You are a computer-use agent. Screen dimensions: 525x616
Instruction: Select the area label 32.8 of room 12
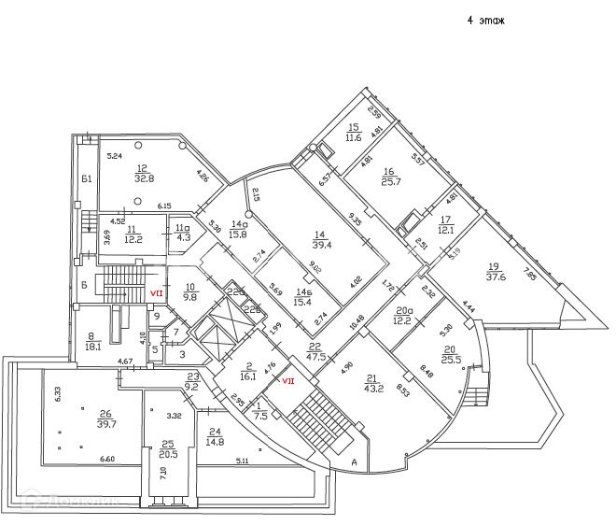click(144, 177)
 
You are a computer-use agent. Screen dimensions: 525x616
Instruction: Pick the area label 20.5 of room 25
click(168, 454)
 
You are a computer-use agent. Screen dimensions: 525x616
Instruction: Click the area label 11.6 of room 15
click(354, 137)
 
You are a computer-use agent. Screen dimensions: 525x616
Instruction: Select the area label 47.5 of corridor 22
click(315, 356)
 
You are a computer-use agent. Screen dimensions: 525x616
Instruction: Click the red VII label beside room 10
click(158, 292)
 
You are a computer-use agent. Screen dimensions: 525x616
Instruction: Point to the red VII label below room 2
click(288, 380)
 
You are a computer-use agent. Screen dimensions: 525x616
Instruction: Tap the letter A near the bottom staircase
click(354, 461)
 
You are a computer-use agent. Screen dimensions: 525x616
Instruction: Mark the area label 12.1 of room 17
click(445, 230)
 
